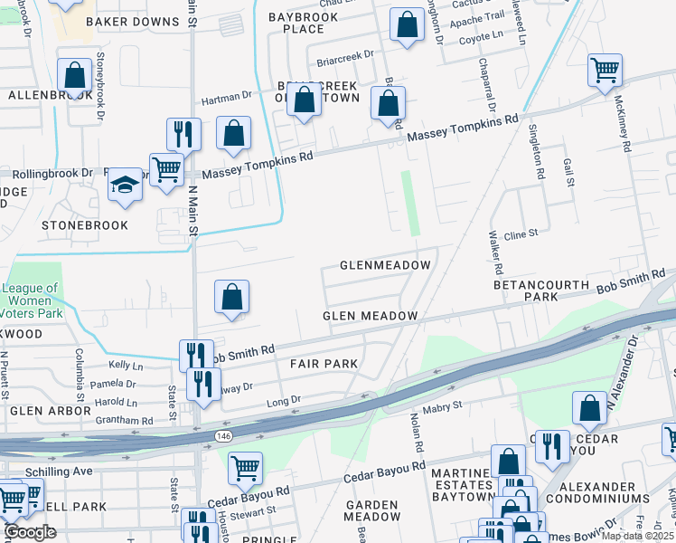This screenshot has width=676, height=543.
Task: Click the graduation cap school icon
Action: (x=125, y=186)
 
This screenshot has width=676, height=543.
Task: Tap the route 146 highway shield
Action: (x=221, y=437)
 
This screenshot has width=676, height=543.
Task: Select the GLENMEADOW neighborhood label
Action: (x=385, y=265)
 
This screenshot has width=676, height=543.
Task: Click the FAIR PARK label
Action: (x=324, y=364)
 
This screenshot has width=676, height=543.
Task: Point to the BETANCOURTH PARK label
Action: (x=540, y=291)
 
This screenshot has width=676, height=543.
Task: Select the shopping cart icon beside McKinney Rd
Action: (x=604, y=70)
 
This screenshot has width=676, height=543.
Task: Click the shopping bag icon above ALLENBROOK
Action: (x=74, y=75)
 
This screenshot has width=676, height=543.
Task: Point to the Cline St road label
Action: (x=521, y=233)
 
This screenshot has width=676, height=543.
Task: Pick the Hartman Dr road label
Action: (x=226, y=95)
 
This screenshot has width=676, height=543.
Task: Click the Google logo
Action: (x=30, y=532)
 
